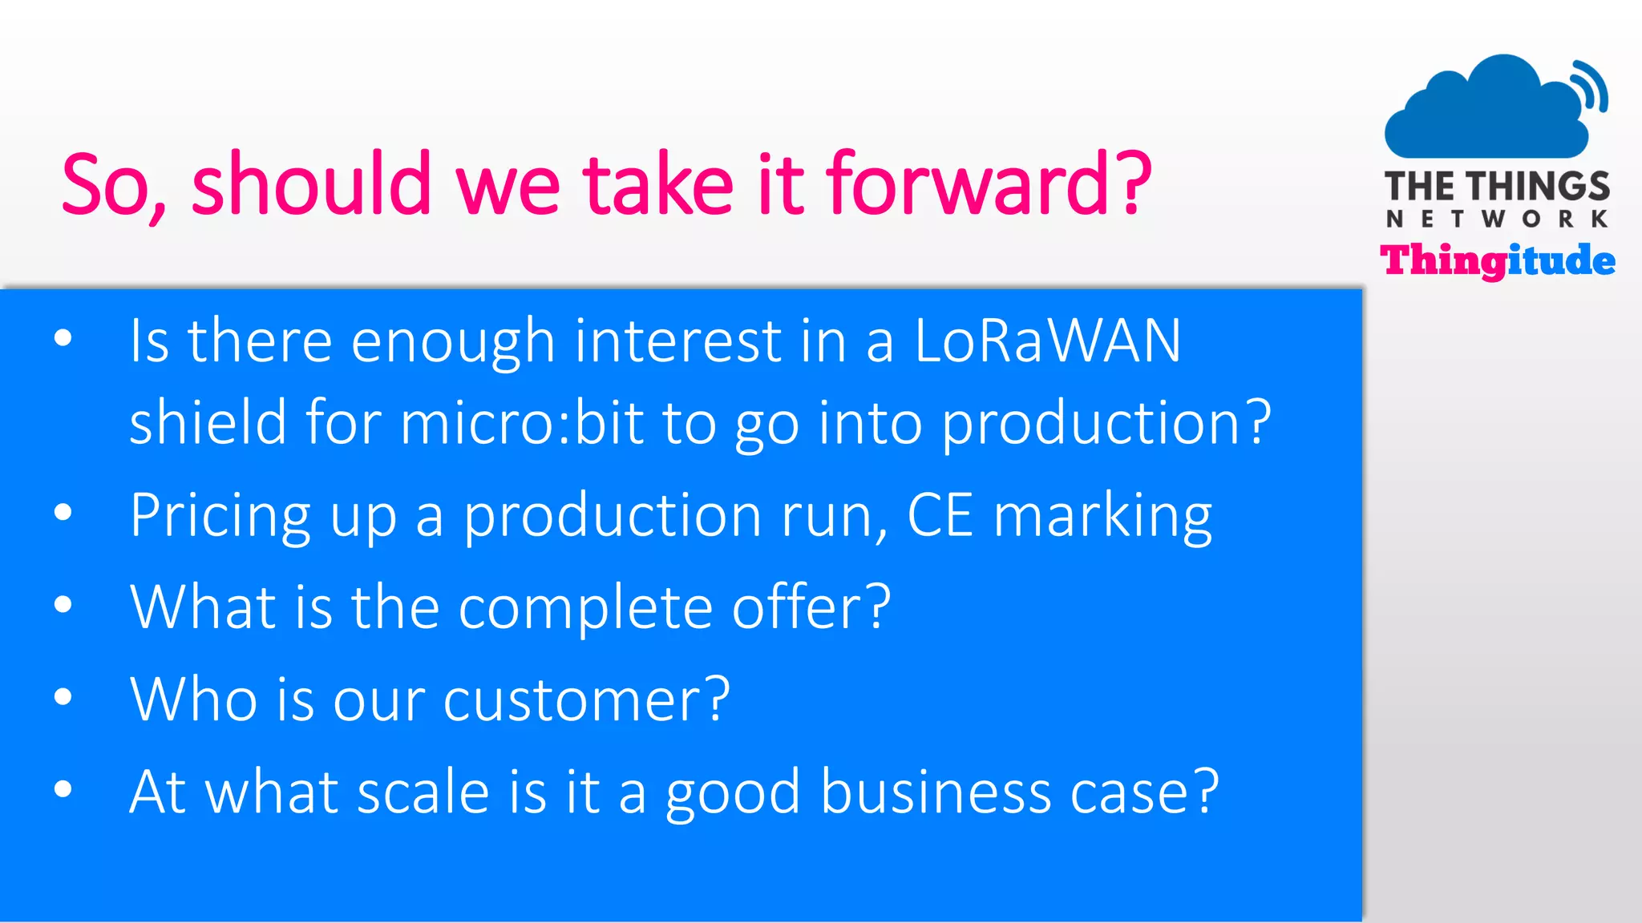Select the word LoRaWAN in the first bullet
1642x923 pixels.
click(1047, 341)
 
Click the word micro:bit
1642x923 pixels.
click(522, 422)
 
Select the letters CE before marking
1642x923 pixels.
click(940, 515)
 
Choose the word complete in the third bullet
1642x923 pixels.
click(585, 607)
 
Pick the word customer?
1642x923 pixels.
click(586, 699)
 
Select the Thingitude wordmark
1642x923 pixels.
click(1497, 261)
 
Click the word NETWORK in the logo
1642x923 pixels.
click(1497, 219)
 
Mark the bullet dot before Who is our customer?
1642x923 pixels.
click(63, 696)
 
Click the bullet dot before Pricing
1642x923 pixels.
click(63, 512)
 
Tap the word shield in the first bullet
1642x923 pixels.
click(208, 422)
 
